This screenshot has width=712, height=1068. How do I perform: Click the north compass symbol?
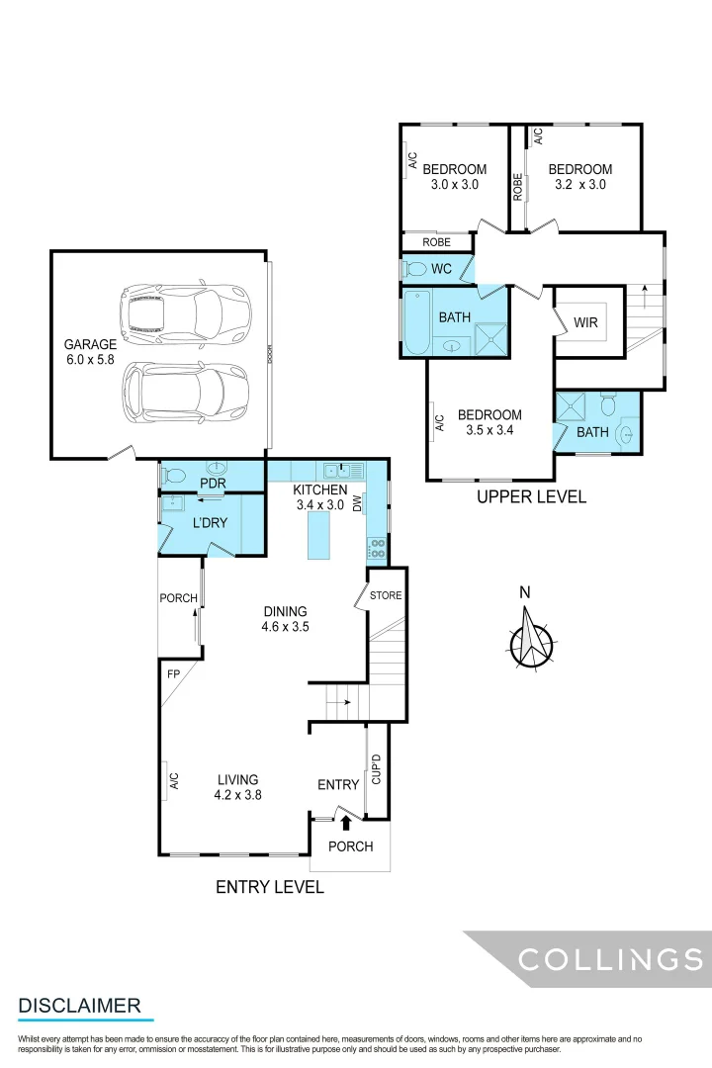pos(532,640)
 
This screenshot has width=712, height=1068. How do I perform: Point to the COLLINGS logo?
pos(611,959)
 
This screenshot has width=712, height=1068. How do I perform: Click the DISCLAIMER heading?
pos(79,1006)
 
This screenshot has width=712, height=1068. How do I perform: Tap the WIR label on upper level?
pos(585,323)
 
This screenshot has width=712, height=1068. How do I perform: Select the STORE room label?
pos(386,595)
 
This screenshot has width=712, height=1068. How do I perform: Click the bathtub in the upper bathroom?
pos(416,322)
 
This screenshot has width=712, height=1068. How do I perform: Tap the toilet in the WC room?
pos(416,269)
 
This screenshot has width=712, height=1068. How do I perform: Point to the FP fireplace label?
pos(173,673)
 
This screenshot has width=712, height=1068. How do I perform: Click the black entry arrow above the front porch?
pos(346,821)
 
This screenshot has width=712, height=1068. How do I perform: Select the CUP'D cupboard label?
pos(376,769)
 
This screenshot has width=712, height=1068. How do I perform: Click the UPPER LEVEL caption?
pos(531,497)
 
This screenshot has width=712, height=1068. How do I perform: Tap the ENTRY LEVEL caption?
pos(270,887)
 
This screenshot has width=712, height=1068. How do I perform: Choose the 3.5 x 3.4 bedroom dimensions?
pos(489,430)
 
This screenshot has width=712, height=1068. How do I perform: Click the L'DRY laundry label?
pos(210,522)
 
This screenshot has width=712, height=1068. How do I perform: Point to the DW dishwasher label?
pos(358,503)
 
